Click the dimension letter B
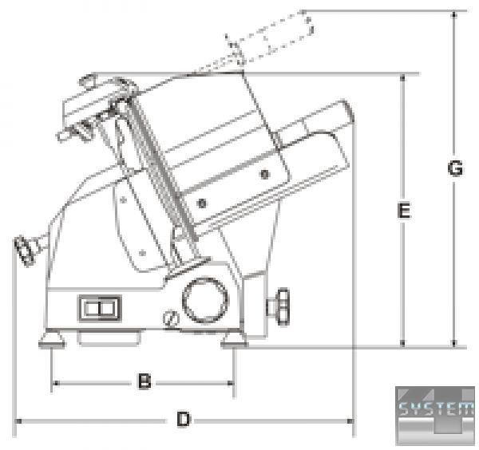(x=144, y=381)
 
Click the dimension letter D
(x=184, y=419)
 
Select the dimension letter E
(x=404, y=211)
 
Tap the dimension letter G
(x=455, y=168)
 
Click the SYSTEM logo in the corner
(x=435, y=415)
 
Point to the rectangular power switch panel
(x=100, y=308)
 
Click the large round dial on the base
(x=205, y=300)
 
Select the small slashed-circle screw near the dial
(x=171, y=318)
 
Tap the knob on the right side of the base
(x=279, y=306)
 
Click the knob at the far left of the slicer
(x=25, y=251)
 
